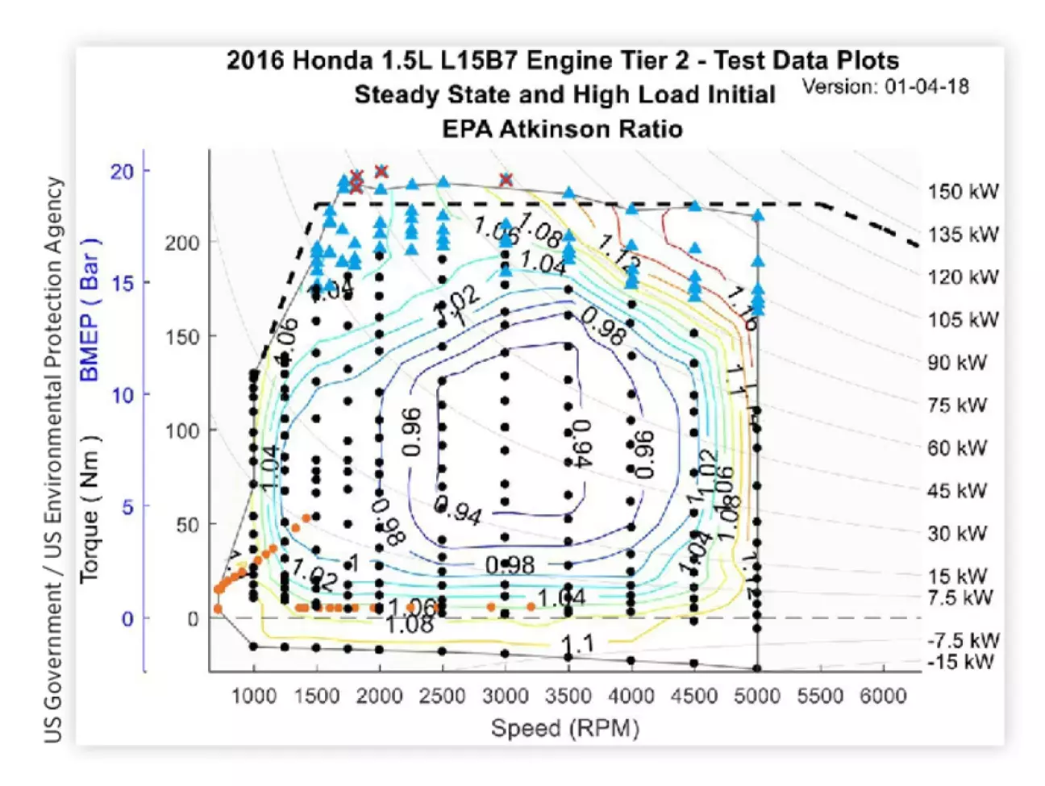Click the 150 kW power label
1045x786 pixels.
[963, 192]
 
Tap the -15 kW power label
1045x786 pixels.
[960, 662]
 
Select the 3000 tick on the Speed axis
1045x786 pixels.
[505, 696]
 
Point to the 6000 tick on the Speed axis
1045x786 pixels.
[883, 696]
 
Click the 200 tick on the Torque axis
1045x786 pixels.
[182, 243]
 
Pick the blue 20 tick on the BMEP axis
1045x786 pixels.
[123, 171]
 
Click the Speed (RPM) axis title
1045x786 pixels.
[564, 728]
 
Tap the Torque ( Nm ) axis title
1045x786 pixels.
[89, 508]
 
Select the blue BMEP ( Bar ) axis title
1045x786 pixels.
[89, 310]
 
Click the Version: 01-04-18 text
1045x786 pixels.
[885, 87]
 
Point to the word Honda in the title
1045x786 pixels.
[331, 60]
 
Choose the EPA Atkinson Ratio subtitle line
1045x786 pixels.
[562, 129]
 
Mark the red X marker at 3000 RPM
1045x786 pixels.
[506, 180]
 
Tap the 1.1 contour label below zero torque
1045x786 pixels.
[577, 644]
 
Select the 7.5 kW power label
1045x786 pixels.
[960, 598]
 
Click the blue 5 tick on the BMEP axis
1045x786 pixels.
[127, 507]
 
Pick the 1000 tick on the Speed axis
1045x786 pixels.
[253, 696]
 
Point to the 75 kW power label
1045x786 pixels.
[957, 405]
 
